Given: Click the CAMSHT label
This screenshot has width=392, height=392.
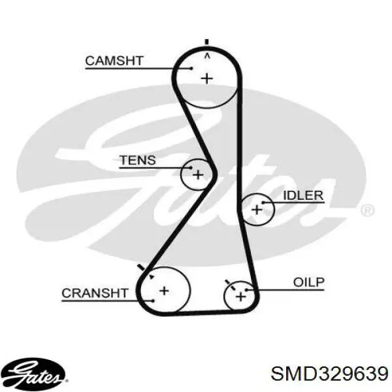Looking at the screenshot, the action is [x=114, y=61].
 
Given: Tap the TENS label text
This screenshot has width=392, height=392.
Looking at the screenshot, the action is [x=138, y=160].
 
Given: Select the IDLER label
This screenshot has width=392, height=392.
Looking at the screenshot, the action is [x=303, y=195].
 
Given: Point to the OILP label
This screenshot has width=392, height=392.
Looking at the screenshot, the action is [x=309, y=282].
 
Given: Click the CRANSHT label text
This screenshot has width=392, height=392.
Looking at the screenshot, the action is [x=95, y=293].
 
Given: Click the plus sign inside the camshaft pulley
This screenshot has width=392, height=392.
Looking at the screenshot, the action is [x=207, y=79].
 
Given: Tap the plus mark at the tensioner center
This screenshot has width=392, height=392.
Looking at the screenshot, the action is [x=198, y=174].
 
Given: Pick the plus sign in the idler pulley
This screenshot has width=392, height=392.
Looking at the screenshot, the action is [x=257, y=209].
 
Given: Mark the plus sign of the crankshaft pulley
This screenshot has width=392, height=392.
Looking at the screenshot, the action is [x=164, y=291].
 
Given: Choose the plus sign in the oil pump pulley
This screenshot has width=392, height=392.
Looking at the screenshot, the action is [x=240, y=297].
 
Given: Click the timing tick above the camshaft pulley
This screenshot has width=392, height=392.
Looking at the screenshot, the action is [x=206, y=42].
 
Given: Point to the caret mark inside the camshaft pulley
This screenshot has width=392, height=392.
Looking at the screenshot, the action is [x=207, y=56].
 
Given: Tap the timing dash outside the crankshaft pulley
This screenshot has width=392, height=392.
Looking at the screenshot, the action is [x=142, y=267].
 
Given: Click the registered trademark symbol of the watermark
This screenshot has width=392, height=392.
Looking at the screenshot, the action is [x=367, y=210].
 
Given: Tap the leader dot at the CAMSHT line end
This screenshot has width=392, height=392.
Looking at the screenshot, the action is [x=191, y=68].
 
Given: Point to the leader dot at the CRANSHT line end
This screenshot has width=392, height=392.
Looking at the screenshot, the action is [x=153, y=301].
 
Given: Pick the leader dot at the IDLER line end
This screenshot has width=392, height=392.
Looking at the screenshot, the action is [x=263, y=203].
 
